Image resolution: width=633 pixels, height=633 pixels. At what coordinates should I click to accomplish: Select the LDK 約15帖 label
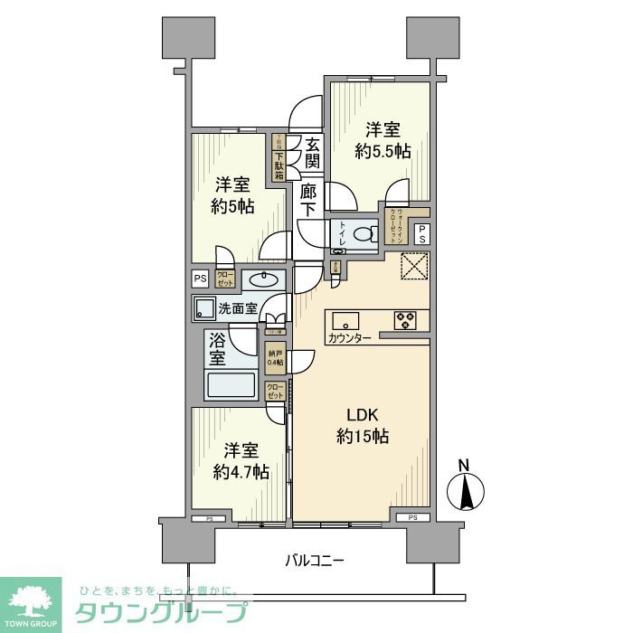[359, 426]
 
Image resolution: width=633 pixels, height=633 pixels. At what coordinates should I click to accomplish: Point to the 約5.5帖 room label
[383, 140]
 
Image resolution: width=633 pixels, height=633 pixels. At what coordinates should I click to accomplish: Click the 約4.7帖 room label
[241, 461]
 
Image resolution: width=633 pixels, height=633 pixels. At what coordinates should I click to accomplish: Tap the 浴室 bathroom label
[217, 349]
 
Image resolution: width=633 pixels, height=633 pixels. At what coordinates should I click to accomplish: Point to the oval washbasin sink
[263, 278]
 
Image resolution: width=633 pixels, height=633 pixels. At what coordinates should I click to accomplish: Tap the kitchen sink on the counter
[346, 320]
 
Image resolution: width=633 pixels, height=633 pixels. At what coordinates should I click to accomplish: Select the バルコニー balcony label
[309, 561]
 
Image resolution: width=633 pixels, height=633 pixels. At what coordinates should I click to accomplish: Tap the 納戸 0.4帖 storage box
[274, 357]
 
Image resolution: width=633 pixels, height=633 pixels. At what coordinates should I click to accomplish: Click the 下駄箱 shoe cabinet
[279, 158]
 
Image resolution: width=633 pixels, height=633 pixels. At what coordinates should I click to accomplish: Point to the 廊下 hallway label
[309, 200]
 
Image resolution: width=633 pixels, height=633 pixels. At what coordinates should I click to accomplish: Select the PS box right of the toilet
[421, 232]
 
